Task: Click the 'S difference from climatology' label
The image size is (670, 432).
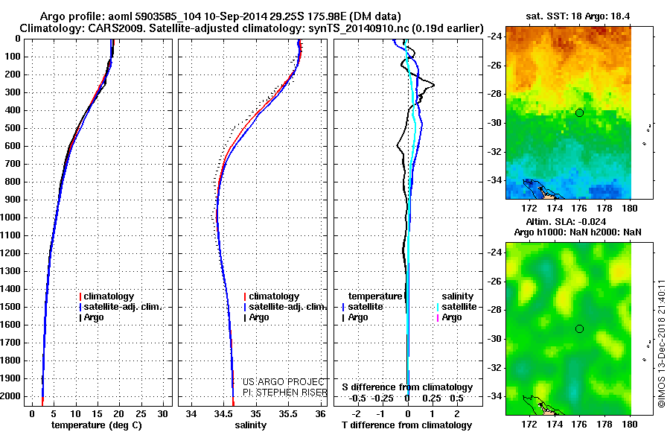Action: point(407,387)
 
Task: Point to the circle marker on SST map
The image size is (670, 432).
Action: point(579,112)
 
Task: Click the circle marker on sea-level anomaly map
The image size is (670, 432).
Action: point(579,328)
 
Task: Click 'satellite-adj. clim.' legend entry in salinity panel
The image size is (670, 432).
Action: point(287,307)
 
